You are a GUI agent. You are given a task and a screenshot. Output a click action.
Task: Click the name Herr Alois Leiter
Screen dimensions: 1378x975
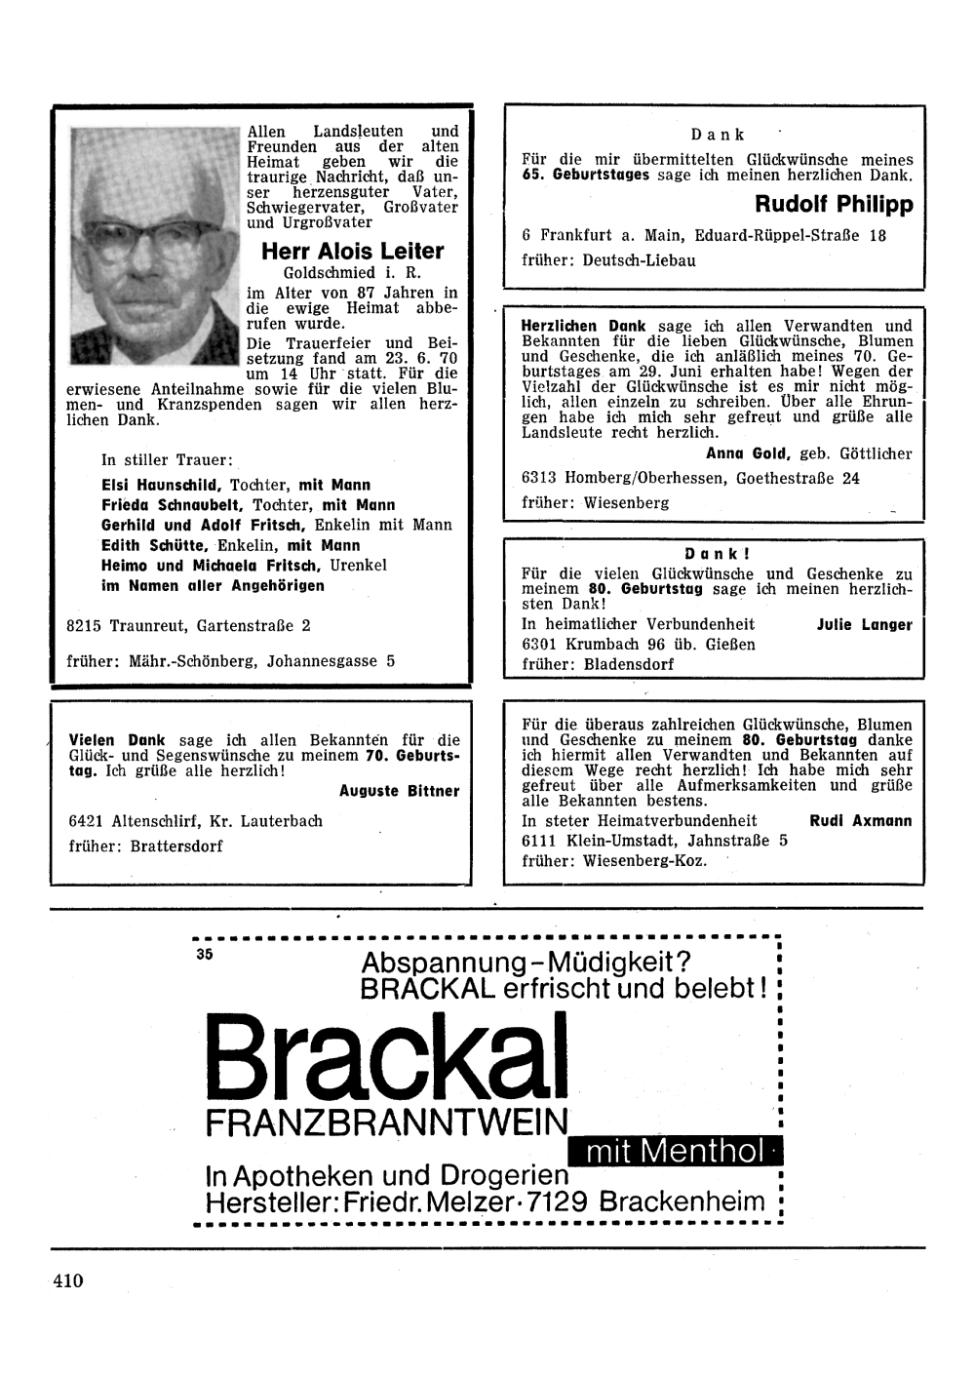[x=352, y=252]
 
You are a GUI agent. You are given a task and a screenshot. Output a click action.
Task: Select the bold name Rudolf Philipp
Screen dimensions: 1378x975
[x=834, y=205]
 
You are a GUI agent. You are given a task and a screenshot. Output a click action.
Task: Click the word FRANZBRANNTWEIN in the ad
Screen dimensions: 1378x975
[x=386, y=1124]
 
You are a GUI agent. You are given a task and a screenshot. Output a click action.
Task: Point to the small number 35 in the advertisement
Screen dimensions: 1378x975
[x=203, y=955]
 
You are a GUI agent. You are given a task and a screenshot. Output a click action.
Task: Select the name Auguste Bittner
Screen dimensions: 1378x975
[x=399, y=791]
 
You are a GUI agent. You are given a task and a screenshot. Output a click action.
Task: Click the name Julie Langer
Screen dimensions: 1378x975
[x=864, y=625]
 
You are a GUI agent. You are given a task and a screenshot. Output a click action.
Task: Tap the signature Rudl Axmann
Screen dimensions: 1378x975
[x=861, y=821]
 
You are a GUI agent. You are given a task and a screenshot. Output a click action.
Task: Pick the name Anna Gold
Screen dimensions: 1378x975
[x=749, y=453]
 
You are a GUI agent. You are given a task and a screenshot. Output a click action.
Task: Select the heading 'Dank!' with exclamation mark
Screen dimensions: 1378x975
[x=717, y=553]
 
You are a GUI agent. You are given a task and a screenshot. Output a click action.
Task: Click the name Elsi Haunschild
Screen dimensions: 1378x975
[x=162, y=485]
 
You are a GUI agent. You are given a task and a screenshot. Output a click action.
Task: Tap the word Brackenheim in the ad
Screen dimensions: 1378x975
[x=682, y=1201]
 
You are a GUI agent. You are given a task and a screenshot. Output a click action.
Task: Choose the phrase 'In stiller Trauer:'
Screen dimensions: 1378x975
[x=167, y=460]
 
